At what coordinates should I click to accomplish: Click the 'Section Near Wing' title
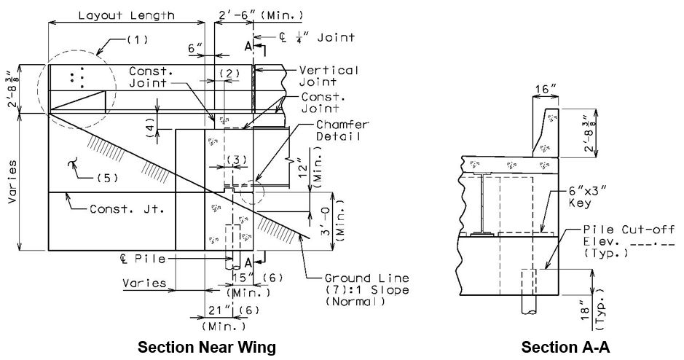tap(207, 348)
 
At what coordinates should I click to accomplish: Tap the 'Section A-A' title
tap(565, 348)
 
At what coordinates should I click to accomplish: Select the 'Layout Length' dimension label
tap(127, 16)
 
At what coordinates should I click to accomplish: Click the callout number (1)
tap(138, 39)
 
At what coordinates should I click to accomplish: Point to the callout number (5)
tap(106, 178)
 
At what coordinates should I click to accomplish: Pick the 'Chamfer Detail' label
tap(342, 130)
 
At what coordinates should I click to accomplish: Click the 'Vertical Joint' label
tap(329, 76)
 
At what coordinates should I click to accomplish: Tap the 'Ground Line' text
tap(367, 278)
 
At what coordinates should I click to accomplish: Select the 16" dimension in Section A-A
tap(546, 89)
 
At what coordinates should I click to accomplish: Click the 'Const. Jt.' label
tap(127, 209)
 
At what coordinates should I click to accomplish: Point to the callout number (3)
tap(236, 160)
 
